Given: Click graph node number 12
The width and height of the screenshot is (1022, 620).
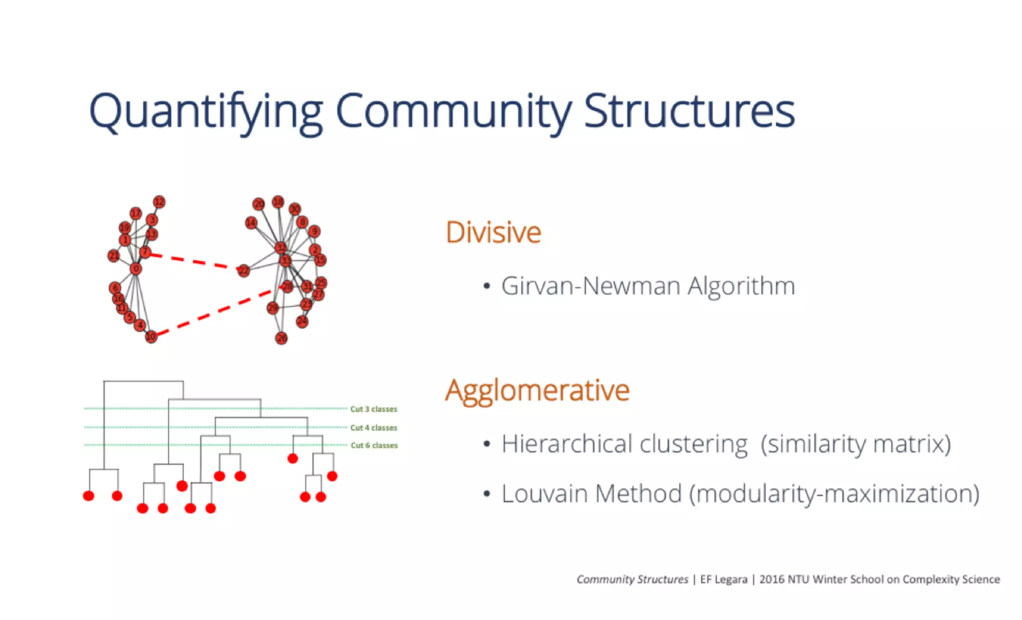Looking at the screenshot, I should pyautogui.click(x=159, y=202).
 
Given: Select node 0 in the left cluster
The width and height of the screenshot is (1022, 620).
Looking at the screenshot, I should pyautogui.click(x=136, y=269).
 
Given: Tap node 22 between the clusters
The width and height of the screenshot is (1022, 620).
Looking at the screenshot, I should pyautogui.click(x=243, y=271).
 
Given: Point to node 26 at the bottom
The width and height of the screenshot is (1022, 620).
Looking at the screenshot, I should pyautogui.click(x=281, y=338).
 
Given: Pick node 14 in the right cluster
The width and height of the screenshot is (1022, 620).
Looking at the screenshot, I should pyautogui.click(x=251, y=222).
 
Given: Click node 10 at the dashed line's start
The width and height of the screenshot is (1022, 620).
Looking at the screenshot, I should pyautogui.click(x=151, y=337).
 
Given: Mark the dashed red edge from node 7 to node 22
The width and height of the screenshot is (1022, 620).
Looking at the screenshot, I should pyautogui.click(x=195, y=262).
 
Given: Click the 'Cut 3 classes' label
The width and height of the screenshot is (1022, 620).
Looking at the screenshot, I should pyautogui.click(x=373, y=409).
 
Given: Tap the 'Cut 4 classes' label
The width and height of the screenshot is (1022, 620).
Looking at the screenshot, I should pyautogui.click(x=373, y=427).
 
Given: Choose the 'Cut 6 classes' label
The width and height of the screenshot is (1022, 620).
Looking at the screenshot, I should pyautogui.click(x=374, y=445).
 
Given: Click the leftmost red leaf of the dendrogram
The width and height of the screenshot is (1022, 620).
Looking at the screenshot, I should pyautogui.click(x=88, y=496).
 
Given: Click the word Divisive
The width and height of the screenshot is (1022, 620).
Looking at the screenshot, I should pyautogui.click(x=493, y=232).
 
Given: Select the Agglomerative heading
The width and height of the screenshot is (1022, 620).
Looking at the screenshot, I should pyautogui.click(x=537, y=391).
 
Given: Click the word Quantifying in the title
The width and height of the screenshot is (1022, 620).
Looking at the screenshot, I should pyautogui.click(x=206, y=111).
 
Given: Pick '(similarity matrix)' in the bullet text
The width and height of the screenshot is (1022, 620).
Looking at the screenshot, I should pyautogui.click(x=855, y=444).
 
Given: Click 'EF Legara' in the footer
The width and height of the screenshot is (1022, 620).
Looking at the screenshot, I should pyautogui.click(x=723, y=579).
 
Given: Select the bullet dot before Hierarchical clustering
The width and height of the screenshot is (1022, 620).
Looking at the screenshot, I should pyautogui.click(x=487, y=444).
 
